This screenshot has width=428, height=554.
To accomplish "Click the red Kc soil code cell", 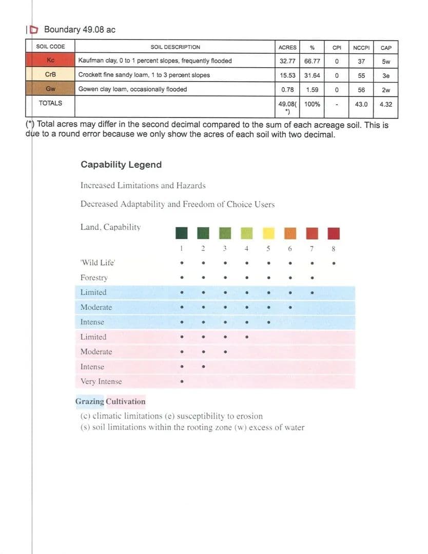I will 50,61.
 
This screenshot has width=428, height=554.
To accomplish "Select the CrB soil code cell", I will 50,75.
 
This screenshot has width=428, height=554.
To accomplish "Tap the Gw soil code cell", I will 50,89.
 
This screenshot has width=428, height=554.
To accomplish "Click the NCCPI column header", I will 362,48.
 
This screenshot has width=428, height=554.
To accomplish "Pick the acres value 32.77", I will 288,61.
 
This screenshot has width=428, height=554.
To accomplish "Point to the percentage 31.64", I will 312,75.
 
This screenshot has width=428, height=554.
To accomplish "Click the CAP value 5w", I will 386,61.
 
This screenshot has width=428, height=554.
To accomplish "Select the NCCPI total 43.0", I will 362,104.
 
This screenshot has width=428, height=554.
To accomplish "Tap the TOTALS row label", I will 50,103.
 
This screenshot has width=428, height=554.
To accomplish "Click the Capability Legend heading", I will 121,165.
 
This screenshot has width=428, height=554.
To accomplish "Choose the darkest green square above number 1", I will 181,233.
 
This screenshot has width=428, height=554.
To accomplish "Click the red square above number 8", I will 334,233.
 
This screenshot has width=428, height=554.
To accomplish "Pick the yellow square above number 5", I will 268,233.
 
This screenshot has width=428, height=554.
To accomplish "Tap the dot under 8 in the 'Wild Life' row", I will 334,265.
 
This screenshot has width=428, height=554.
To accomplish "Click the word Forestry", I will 94,278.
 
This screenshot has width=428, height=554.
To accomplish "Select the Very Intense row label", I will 101,382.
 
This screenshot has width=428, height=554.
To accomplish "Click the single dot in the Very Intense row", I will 181,382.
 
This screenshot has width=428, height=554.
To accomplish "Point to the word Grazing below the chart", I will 90,402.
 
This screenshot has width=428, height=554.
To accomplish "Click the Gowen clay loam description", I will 132,89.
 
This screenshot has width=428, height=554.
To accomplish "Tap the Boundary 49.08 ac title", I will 80,30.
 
